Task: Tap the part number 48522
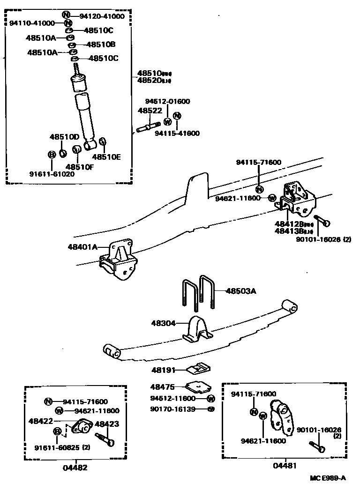pos(150,111)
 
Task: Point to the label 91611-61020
pos(52,173)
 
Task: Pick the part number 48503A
pos(241,291)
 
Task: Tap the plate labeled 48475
pos(198,387)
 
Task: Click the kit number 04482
pos(75,467)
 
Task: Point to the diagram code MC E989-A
pos(328,478)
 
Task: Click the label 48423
pos(107,424)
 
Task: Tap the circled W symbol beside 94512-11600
pos(210,399)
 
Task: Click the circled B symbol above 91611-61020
pos(52,154)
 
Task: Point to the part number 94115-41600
pos(177,133)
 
